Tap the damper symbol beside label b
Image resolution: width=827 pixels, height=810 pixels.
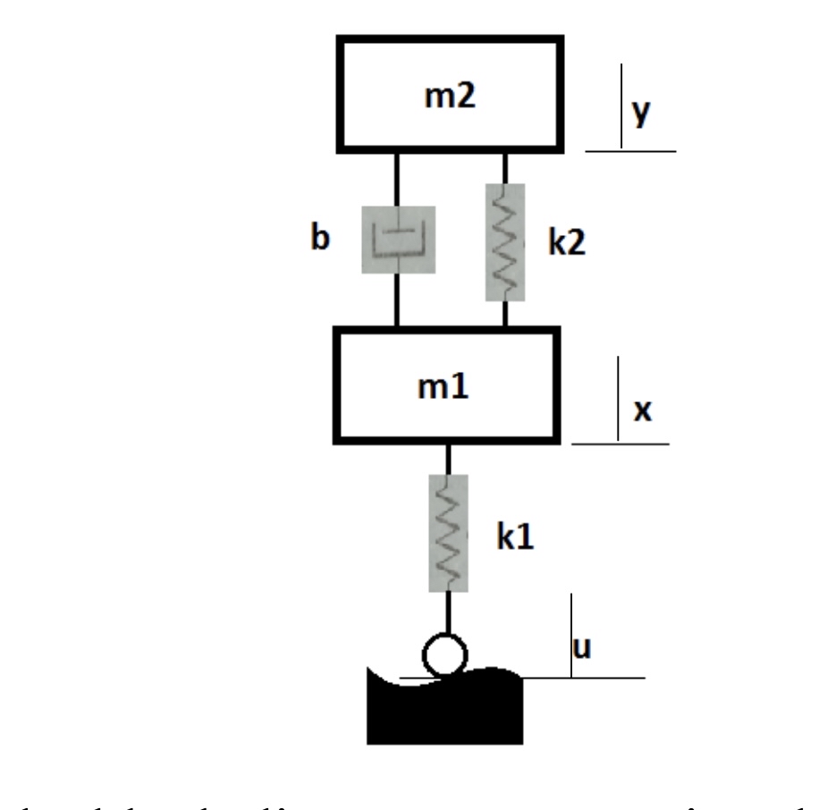point(398,240)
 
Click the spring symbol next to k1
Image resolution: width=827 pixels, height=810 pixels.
point(448,533)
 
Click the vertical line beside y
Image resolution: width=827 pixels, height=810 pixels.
point(621,116)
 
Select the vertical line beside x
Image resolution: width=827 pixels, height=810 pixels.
point(618,400)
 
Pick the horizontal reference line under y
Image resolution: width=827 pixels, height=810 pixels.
point(630,150)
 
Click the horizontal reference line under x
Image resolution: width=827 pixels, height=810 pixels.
point(620,442)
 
